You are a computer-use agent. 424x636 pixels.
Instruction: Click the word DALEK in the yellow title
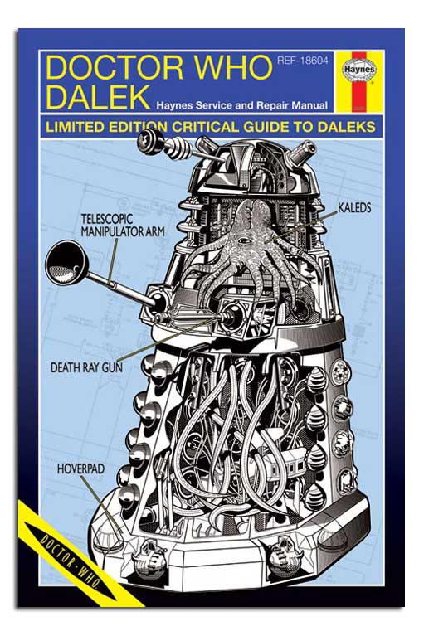[98, 96]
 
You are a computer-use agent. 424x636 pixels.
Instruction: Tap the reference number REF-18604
[302, 61]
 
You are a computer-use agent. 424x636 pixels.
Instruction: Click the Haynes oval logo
[360, 69]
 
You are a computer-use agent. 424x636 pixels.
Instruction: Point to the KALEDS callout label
[354, 207]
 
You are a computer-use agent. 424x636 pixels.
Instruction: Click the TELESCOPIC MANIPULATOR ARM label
[123, 225]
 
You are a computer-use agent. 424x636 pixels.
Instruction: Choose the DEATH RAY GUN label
[86, 367]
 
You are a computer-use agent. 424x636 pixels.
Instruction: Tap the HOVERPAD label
[80, 469]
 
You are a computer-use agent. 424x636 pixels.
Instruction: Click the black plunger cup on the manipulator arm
[65, 262]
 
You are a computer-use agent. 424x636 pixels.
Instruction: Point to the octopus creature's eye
[243, 241]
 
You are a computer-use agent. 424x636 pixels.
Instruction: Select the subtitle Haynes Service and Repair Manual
[242, 106]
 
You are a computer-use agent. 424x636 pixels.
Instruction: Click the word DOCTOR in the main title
[115, 67]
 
